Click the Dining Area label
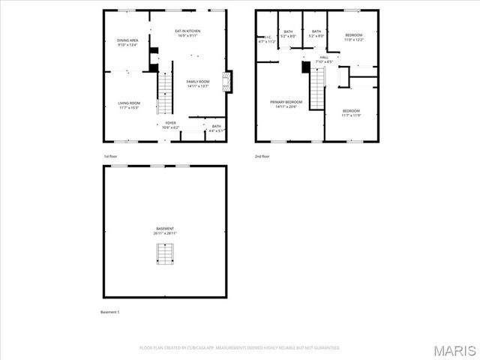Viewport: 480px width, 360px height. [127, 43]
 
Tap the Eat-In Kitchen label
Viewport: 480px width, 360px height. [187, 33]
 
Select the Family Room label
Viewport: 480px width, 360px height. [198, 83]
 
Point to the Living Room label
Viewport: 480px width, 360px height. [129, 105]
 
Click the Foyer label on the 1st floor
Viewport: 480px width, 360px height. [171, 124]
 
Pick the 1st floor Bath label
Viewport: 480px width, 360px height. [216, 128]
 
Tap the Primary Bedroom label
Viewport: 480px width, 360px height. [286, 103]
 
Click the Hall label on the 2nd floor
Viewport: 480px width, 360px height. [324, 59]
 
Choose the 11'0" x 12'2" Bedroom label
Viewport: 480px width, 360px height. [353, 37]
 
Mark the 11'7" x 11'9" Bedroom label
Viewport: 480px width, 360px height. [351, 113]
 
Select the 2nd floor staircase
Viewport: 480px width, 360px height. [319, 82]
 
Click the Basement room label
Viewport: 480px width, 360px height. [165, 231]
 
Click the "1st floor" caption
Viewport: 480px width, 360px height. [111, 156]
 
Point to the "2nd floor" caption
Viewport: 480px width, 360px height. [262, 156]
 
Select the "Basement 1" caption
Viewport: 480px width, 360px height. [110, 311]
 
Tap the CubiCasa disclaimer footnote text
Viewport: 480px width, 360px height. [240, 347]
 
